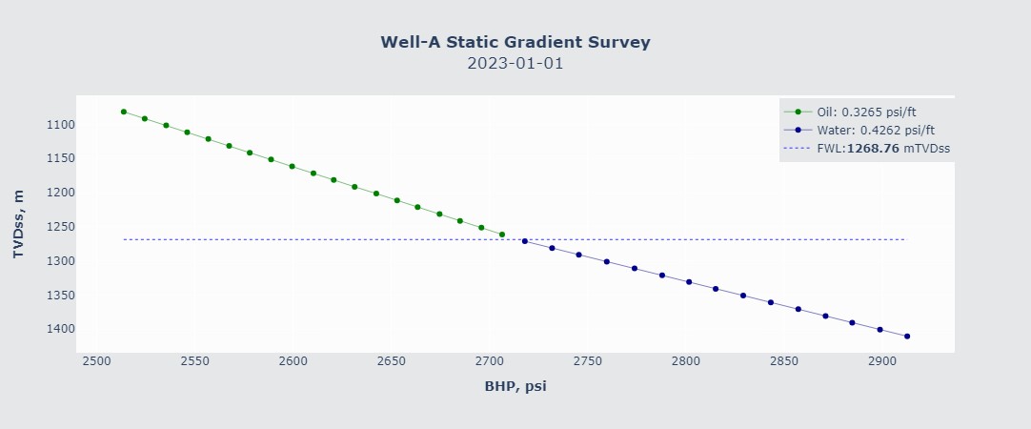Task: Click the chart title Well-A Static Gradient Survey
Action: [515, 42]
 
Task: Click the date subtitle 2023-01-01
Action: [515, 64]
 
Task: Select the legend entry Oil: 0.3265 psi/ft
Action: [866, 112]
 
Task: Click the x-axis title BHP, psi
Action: [515, 386]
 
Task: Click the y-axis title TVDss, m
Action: [18, 224]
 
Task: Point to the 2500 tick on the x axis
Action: [96, 362]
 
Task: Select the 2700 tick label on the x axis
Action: [490, 362]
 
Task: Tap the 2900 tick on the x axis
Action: [882, 362]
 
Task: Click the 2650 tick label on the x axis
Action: [392, 362]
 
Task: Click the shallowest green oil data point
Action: [124, 112]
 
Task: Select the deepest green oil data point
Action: [502, 235]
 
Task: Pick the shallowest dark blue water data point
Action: [525, 241]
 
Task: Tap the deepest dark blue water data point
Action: [907, 337]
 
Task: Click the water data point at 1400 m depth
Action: [879, 330]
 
